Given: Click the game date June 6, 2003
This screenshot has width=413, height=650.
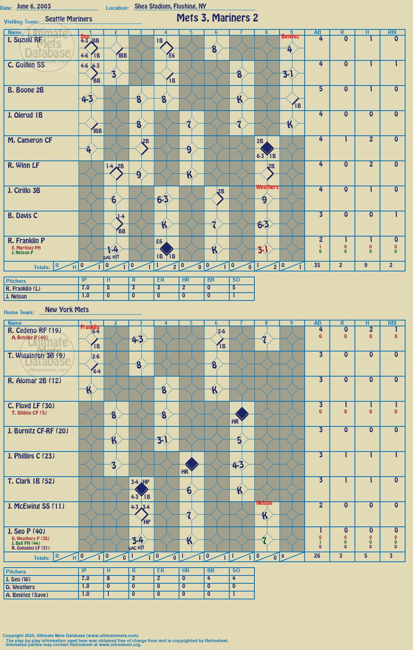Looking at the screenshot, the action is pyautogui.click(x=34, y=6).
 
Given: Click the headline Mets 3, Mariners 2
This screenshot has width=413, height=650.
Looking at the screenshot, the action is pyautogui.click(x=217, y=18).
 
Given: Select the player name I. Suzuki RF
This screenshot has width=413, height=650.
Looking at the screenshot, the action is pyautogui.click(x=25, y=40).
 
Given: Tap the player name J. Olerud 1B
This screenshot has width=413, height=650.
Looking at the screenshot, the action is pyautogui.click(x=25, y=115).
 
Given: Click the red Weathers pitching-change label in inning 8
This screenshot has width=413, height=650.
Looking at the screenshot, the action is pyautogui.click(x=267, y=187).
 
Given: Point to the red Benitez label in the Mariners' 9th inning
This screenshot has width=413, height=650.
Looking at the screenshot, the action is pyautogui.click(x=290, y=36).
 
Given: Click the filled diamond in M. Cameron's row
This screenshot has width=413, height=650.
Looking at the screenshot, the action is pyautogui.click(x=267, y=148).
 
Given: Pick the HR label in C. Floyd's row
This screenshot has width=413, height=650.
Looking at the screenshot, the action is pyautogui.click(x=235, y=421).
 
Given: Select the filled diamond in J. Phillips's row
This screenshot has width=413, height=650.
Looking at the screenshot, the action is pyautogui.click(x=192, y=464).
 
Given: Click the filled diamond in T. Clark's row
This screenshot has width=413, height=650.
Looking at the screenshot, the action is pyautogui.click(x=141, y=489).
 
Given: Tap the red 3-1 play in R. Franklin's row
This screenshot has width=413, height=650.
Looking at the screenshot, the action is pyautogui.click(x=263, y=249).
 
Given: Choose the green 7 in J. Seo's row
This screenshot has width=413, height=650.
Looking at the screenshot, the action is pyautogui.click(x=264, y=540).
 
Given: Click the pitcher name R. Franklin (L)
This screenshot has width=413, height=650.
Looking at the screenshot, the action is pyautogui.click(x=23, y=289).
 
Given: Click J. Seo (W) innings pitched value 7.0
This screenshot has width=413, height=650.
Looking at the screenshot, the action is pyautogui.click(x=86, y=578).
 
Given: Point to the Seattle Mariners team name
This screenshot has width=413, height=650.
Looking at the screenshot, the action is pyautogui.click(x=69, y=19).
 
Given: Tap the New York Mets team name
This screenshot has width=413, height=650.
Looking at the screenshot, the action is pyautogui.click(x=67, y=310).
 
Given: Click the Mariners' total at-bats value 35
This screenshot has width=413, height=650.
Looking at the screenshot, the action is pyautogui.click(x=317, y=265).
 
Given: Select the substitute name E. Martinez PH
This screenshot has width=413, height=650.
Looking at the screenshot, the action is pyautogui.click(x=26, y=248).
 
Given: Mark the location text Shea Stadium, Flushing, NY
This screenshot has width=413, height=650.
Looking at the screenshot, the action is pyautogui.click(x=170, y=6).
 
